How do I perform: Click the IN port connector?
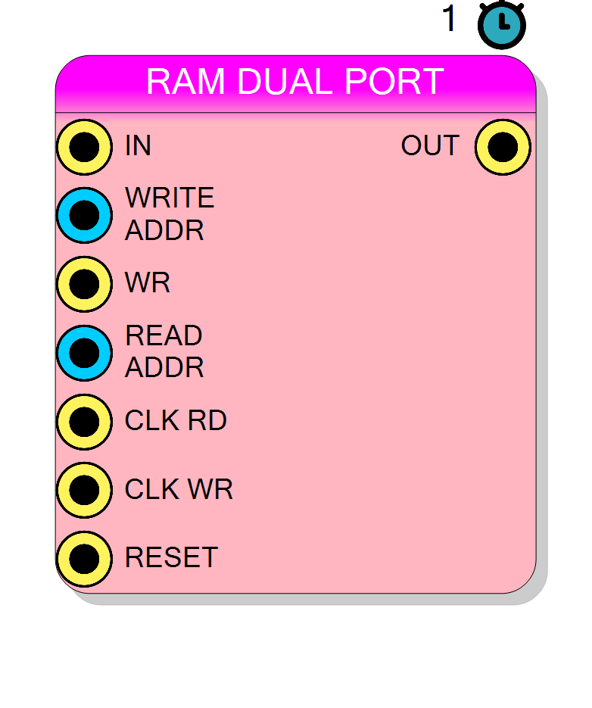point(85,147)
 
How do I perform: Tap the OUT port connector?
point(503,147)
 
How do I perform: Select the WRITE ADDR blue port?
point(85,215)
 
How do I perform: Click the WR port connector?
point(85,284)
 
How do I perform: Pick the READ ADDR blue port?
point(85,353)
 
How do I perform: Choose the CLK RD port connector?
point(85,422)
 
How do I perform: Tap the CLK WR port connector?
point(85,490)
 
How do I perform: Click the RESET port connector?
point(85,559)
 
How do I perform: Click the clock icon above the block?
point(502,24)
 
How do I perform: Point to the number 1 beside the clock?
point(449,19)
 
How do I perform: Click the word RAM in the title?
point(185,82)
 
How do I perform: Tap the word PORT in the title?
point(394,82)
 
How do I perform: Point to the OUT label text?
point(430,145)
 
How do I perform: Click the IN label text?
point(138,145)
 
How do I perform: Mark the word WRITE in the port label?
point(170,198)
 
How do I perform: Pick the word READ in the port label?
point(164,335)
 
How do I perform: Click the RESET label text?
point(172,557)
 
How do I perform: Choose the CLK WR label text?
point(179,489)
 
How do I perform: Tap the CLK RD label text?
point(176,420)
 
